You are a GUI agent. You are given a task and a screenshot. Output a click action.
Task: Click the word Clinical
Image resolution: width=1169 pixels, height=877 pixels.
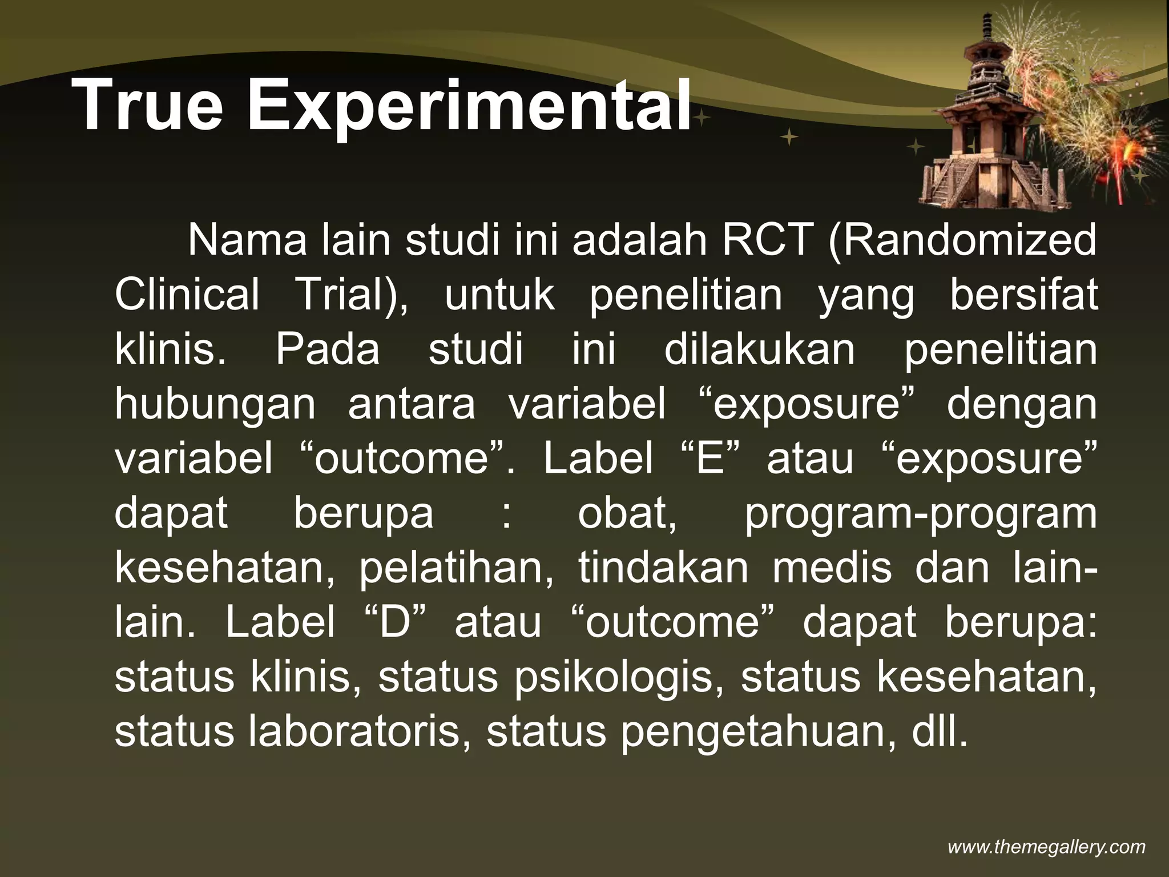pyautogui.click(x=187, y=295)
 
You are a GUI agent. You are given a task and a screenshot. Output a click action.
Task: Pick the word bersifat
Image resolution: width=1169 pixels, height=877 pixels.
pyautogui.click(x=1023, y=295)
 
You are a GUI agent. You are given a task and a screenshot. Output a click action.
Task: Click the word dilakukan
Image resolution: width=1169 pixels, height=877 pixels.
pyautogui.click(x=759, y=349)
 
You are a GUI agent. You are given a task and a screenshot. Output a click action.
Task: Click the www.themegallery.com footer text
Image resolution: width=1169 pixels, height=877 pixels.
pyautogui.click(x=1046, y=847)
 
